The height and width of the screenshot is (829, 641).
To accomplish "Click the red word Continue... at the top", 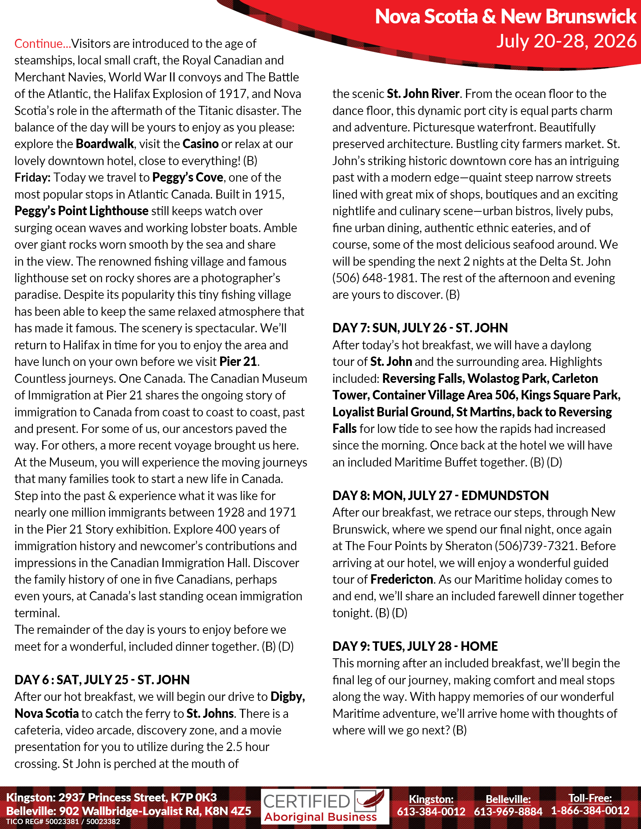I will tap(43, 44).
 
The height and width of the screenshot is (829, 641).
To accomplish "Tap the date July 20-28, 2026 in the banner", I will tap(566, 41).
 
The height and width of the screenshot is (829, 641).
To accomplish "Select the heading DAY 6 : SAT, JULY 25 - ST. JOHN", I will tap(102, 680).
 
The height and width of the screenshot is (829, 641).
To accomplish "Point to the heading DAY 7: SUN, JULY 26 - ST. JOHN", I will tap(420, 328).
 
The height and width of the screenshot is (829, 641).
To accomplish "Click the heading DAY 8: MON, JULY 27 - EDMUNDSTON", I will tap(440, 496).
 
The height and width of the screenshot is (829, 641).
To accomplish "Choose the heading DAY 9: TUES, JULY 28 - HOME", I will tap(415, 646).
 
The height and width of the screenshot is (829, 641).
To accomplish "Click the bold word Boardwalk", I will tap(105, 144).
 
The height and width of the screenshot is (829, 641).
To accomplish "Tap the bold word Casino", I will tap(201, 144).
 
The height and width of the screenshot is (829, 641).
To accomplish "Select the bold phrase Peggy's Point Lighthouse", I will tap(81, 211).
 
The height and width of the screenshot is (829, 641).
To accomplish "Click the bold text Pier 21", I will tap(238, 361).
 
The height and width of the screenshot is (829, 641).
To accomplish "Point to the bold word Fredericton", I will tap(402, 579).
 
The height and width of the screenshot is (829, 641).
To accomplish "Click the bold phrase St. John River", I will tap(423, 94).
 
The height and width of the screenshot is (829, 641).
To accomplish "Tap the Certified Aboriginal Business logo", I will tap(325, 807).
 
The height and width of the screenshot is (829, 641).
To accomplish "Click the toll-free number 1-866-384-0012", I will tap(590, 811).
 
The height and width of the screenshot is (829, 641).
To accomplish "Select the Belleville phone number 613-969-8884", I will tap(508, 812).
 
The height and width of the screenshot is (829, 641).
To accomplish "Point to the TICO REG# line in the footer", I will tap(63, 822).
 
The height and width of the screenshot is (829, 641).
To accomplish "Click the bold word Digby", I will tap(287, 696).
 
